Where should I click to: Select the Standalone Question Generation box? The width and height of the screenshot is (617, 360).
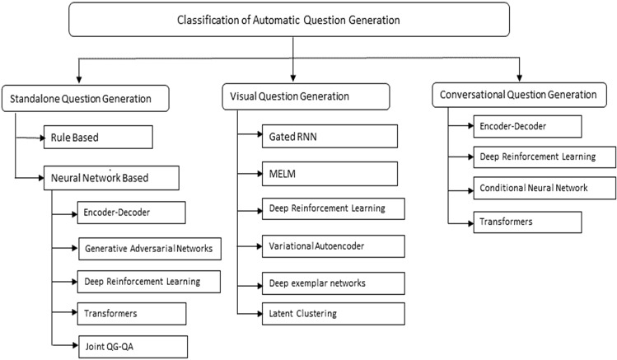coord(90,99)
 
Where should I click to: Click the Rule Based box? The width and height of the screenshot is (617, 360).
coord(98,137)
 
